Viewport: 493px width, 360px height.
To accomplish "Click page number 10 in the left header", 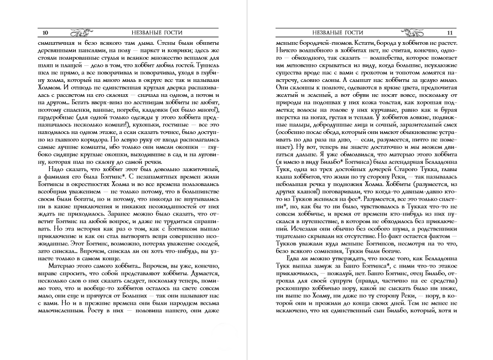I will click(x=37, y=32).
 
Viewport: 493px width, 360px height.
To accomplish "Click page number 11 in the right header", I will click(x=450, y=32).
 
